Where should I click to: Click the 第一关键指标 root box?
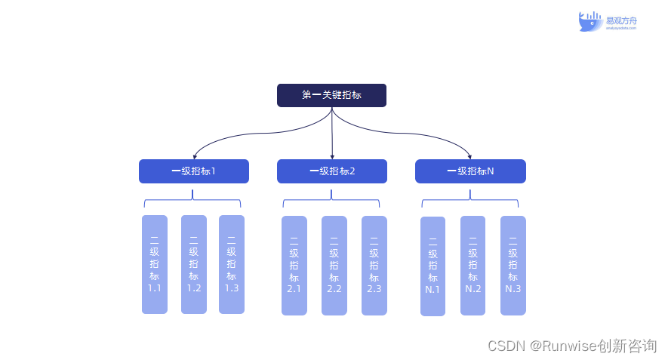331,95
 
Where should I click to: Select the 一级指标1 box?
193,171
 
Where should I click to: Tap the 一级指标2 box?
331,171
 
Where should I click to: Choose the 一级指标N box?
470,171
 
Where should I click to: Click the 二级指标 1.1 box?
155,264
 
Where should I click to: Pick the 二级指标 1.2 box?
193,264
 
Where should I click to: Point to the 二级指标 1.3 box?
232,264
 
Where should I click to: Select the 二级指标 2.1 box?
294,266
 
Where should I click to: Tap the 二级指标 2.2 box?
334,266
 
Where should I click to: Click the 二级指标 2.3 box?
374,266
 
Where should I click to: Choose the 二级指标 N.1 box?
433,266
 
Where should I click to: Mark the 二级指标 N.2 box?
473,266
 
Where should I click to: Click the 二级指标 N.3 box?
513,266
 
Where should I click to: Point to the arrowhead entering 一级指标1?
194,156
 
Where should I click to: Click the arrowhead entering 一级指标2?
332,156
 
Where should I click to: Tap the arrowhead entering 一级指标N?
470,156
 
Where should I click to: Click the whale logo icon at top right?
590,21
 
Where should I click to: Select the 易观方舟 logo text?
620,20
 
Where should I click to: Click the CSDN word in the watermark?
506,346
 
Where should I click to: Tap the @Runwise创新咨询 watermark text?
593,346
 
